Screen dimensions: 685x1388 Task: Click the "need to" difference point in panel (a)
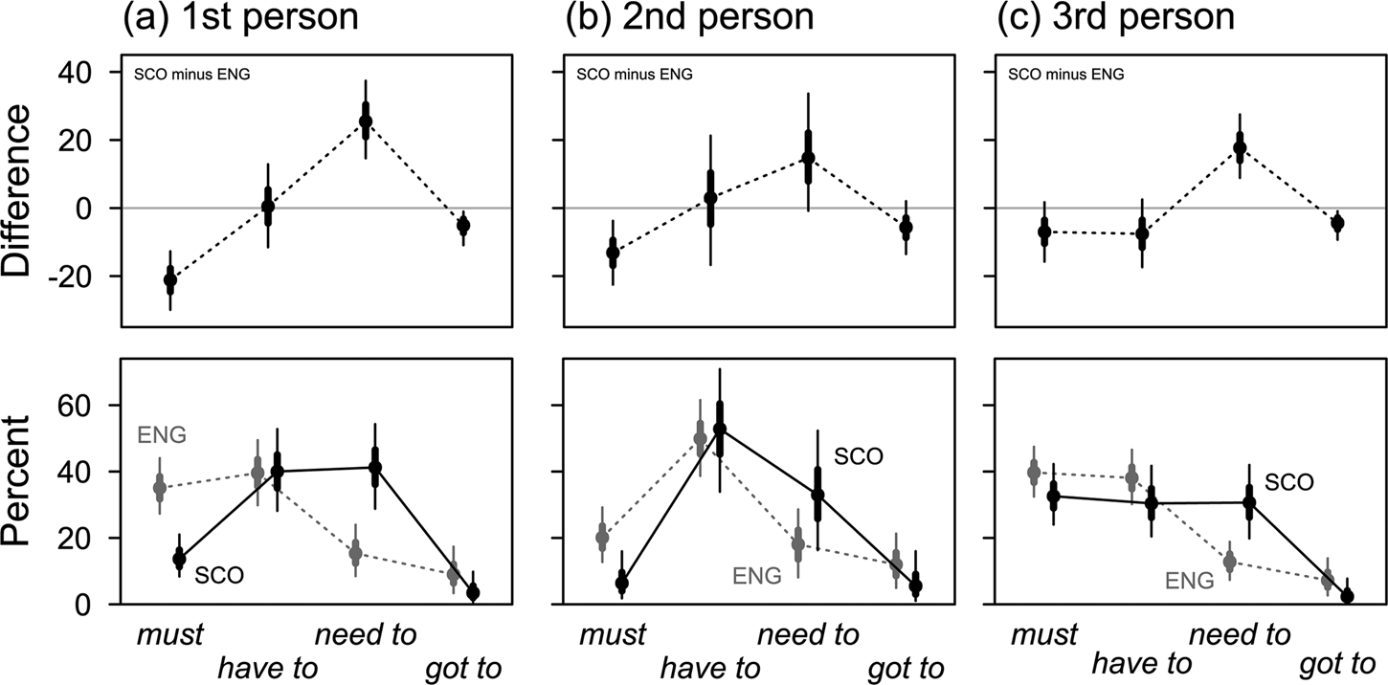tap(366, 122)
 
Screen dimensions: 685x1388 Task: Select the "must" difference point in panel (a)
tap(170, 280)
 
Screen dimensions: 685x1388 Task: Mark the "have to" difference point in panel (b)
tap(710, 198)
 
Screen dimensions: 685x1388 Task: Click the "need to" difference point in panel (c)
tap(1240, 147)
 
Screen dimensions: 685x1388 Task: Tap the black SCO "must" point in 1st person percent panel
tap(179, 559)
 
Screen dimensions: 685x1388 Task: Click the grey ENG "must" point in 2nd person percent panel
tap(602, 538)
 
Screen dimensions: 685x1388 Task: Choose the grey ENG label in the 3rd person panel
tap(1190, 580)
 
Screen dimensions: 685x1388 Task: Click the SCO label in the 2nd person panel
tap(858, 457)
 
